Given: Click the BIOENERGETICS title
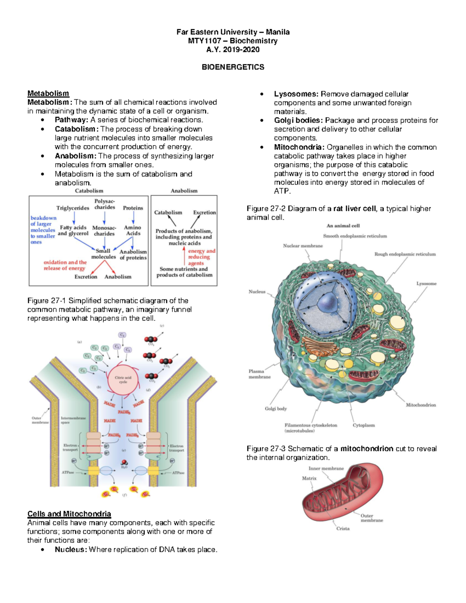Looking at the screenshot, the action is [233, 67].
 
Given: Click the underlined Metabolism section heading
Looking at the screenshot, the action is [48, 93].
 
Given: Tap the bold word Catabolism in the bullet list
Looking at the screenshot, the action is [75, 129].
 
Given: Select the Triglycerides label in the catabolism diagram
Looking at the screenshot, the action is [73, 208].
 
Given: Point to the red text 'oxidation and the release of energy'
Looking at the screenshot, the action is [65, 265].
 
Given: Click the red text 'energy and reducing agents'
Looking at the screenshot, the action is [201, 257].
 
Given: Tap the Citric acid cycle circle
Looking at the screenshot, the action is [123, 380].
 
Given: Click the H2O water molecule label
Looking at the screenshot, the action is [124, 467].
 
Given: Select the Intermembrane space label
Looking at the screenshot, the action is [73, 420].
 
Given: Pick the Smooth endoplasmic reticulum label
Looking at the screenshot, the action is [355, 236].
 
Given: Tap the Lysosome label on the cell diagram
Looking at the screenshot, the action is [426, 283].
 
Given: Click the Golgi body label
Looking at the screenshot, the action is [276, 408].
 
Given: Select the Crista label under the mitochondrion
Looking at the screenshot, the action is [343, 528].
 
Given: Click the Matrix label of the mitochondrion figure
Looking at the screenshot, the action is [309, 478].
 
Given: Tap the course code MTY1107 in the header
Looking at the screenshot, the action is [205, 41].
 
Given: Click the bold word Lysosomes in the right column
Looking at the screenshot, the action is [296, 94].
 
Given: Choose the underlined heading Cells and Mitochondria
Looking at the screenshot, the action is [69, 514].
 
